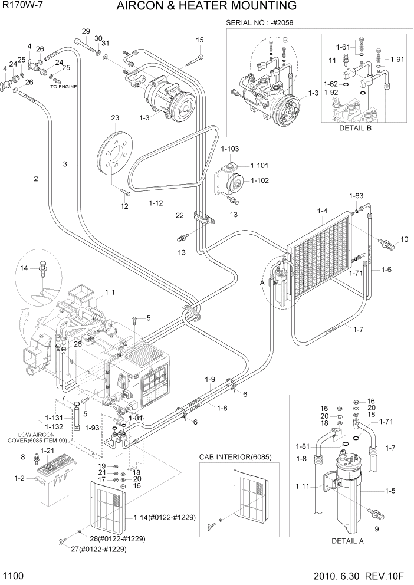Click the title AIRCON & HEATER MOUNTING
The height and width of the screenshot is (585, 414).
click(x=206, y=6)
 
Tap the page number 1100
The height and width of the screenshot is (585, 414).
click(x=14, y=575)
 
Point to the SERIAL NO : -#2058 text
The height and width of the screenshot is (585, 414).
click(x=260, y=23)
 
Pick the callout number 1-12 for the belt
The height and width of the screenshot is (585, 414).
click(x=156, y=203)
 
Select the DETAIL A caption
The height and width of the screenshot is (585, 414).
click(x=348, y=541)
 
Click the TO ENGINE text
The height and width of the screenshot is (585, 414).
click(x=63, y=87)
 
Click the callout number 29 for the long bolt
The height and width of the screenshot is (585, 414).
click(x=86, y=31)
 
